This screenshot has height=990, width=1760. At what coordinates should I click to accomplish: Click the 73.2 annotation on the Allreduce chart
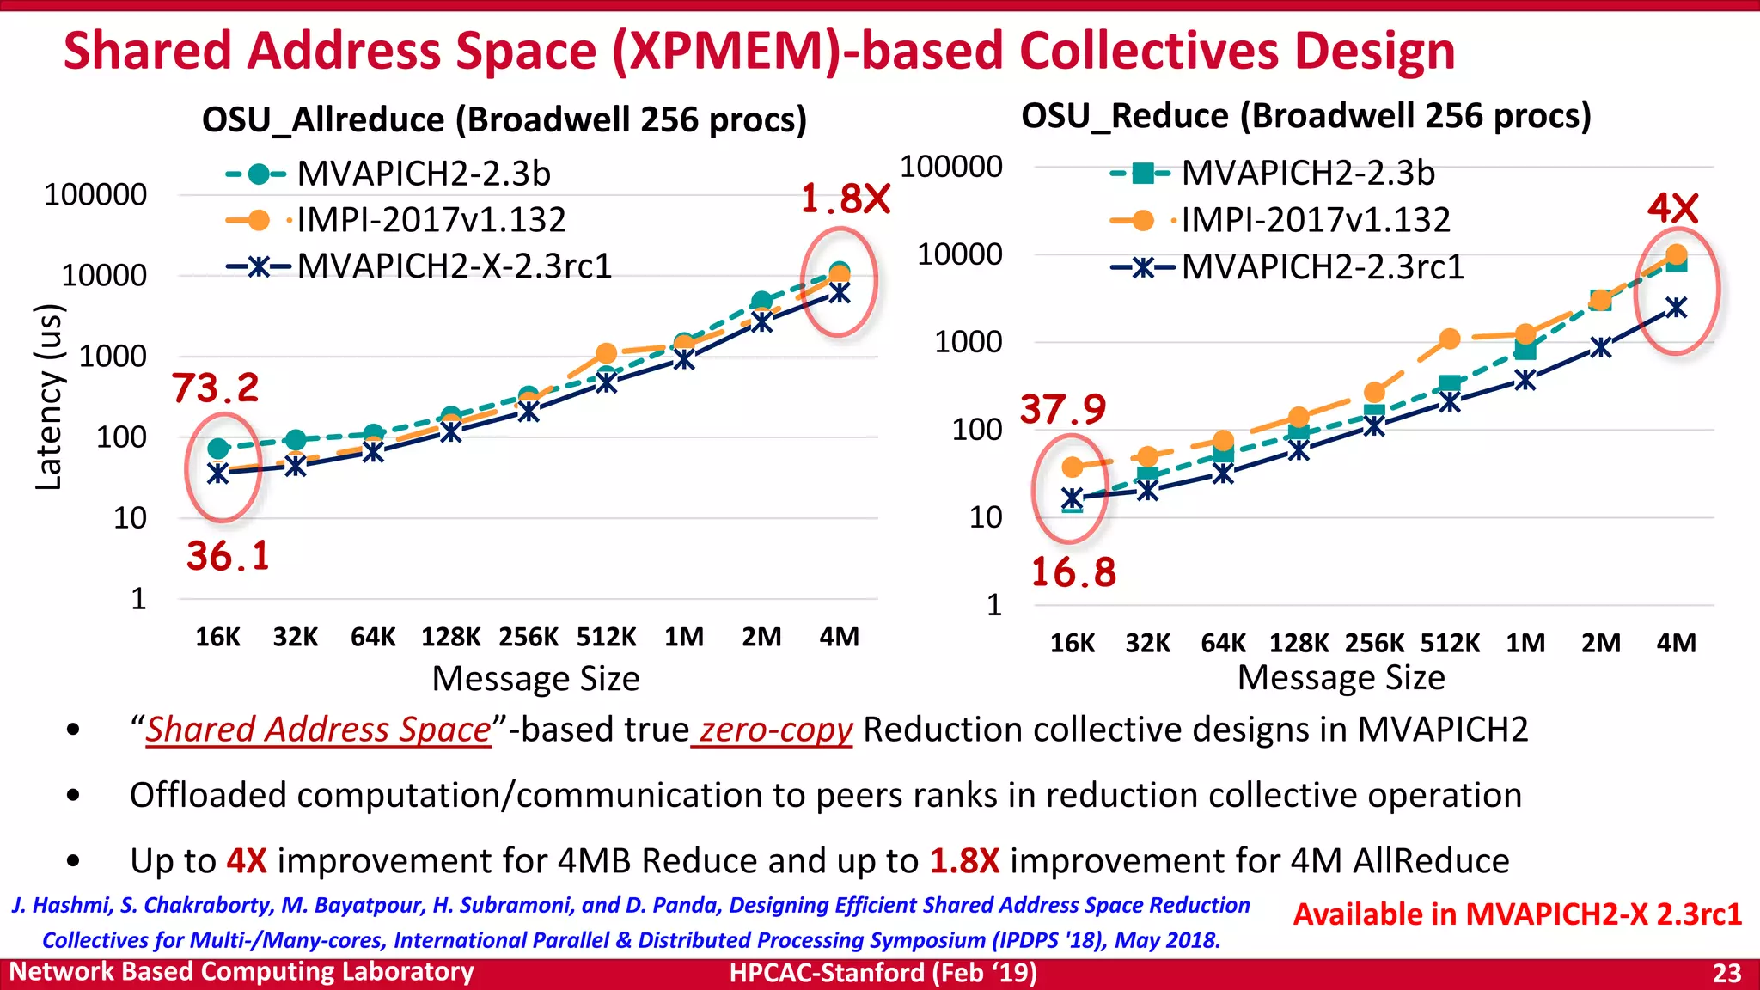(215, 388)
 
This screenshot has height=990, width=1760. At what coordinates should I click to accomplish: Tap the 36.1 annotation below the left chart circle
(229, 556)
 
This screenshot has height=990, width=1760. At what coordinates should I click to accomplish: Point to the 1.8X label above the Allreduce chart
(846, 199)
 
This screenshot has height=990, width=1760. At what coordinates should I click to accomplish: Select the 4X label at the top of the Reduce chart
(1672, 208)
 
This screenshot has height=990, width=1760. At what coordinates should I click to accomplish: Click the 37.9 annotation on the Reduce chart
(1063, 409)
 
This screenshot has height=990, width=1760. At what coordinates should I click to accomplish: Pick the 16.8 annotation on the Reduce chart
(1073, 572)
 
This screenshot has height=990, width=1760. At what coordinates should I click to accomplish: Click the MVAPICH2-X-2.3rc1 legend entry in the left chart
(454, 266)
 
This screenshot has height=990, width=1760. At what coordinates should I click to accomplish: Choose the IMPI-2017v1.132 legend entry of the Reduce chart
(1315, 220)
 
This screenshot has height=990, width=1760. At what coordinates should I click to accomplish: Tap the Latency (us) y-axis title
(49, 397)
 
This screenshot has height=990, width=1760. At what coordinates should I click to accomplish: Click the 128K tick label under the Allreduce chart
(450, 637)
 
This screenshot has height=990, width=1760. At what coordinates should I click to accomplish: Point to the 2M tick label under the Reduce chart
(1600, 643)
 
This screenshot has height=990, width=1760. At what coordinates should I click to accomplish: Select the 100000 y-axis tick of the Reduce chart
(950, 166)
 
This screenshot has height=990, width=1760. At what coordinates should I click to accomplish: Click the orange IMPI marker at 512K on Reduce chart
(1450, 339)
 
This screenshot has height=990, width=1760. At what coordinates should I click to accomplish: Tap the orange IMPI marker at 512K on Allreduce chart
(606, 353)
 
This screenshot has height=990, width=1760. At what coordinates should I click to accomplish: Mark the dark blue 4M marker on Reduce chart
(1676, 308)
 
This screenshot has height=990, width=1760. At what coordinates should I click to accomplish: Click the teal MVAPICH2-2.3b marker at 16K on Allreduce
(218, 449)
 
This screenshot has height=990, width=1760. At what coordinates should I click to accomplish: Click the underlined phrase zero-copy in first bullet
(774, 730)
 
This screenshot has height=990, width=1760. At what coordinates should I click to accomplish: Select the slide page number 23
(1726, 973)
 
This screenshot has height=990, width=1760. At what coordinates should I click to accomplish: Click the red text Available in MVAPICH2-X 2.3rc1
(1517, 914)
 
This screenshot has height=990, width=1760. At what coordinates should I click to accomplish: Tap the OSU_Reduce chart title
(1305, 115)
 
